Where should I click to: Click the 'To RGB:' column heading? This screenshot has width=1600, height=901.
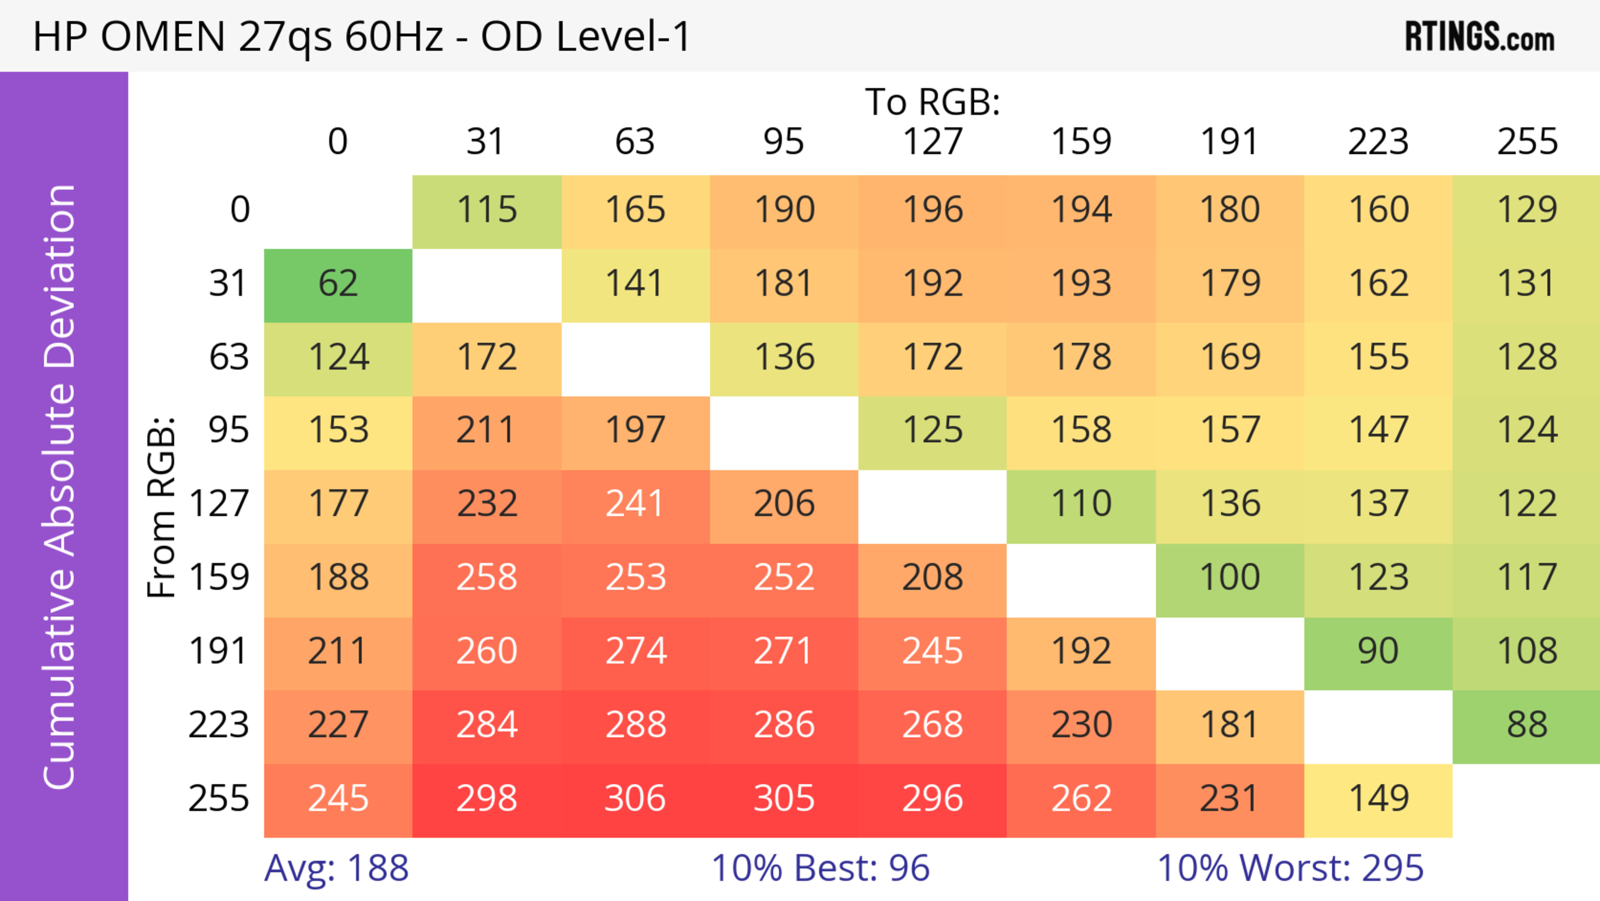pos(932,102)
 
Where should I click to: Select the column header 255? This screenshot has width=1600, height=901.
pos(1527,142)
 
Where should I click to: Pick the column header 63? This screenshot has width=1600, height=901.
pos(635,142)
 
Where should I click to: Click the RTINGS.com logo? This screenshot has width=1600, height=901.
pos(1480,37)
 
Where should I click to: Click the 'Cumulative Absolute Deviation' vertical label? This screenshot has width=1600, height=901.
pos(60,487)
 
